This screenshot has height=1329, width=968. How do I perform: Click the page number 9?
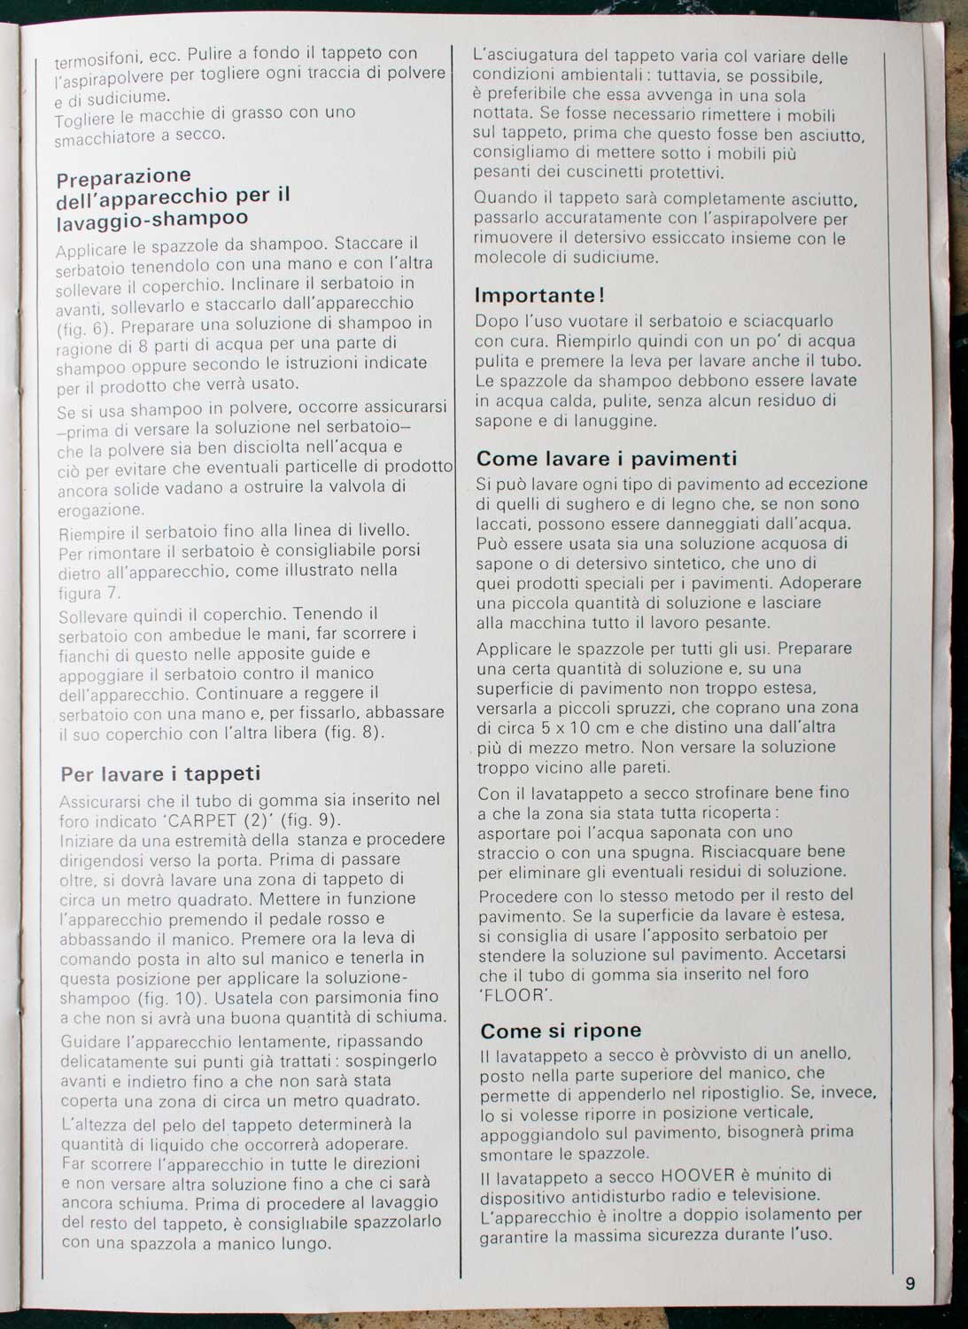(910, 1283)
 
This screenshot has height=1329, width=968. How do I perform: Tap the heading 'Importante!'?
(539, 295)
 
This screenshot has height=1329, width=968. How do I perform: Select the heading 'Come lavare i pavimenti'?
(607, 458)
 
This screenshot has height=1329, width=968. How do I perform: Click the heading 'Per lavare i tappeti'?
(160, 773)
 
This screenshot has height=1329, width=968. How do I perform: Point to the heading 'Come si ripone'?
(561, 1030)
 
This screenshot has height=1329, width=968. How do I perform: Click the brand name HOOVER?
(698, 1176)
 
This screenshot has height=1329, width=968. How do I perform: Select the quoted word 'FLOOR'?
(515, 994)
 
